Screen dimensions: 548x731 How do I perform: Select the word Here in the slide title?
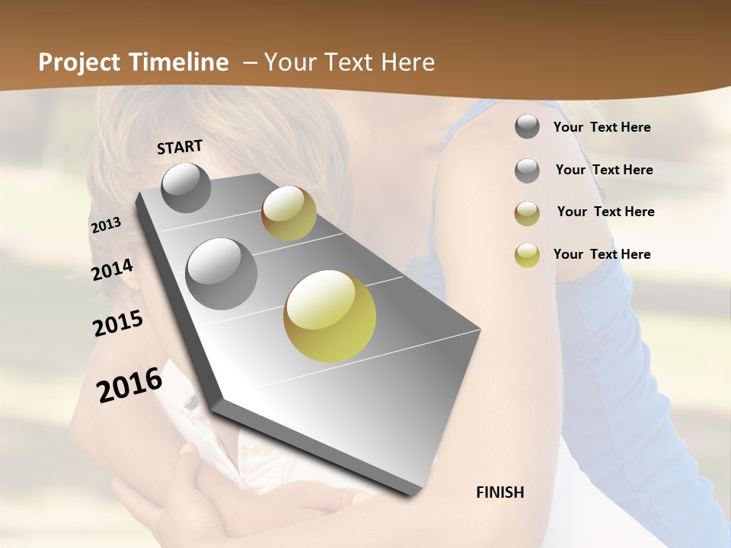click(x=407, y=62)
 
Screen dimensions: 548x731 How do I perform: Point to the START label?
click(x=180, y=147)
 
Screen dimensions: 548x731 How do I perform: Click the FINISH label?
click(x=500, y=492)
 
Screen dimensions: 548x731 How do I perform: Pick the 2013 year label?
click(x=106, y=225)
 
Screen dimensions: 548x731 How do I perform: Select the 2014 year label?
click(x=113, y=270)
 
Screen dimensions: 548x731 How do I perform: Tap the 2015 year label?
click(x=118, y=323)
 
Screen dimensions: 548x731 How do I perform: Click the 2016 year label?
click(x=129, y=385)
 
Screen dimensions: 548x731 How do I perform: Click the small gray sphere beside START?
click(x=186, y=187)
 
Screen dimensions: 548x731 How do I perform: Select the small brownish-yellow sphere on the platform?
click(x=289, y=212)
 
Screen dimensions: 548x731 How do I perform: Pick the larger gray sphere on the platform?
click(x=221, y=273)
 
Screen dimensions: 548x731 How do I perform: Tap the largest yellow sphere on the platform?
click(x=330, y=315)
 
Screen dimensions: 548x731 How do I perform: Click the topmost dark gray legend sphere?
click(x=527, y=126)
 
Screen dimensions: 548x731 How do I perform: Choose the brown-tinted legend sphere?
click(x=527, y=213)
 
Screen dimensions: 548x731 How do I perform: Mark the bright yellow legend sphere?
click(x=527, y=255)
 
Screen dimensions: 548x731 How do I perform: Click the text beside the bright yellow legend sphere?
click(x=602, y=254)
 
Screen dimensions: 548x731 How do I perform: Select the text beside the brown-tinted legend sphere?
click(x=605, y=212)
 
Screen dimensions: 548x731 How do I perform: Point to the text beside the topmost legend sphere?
click(x=602, y=127)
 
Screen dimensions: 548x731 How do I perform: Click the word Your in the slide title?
click(x=289, y=62)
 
